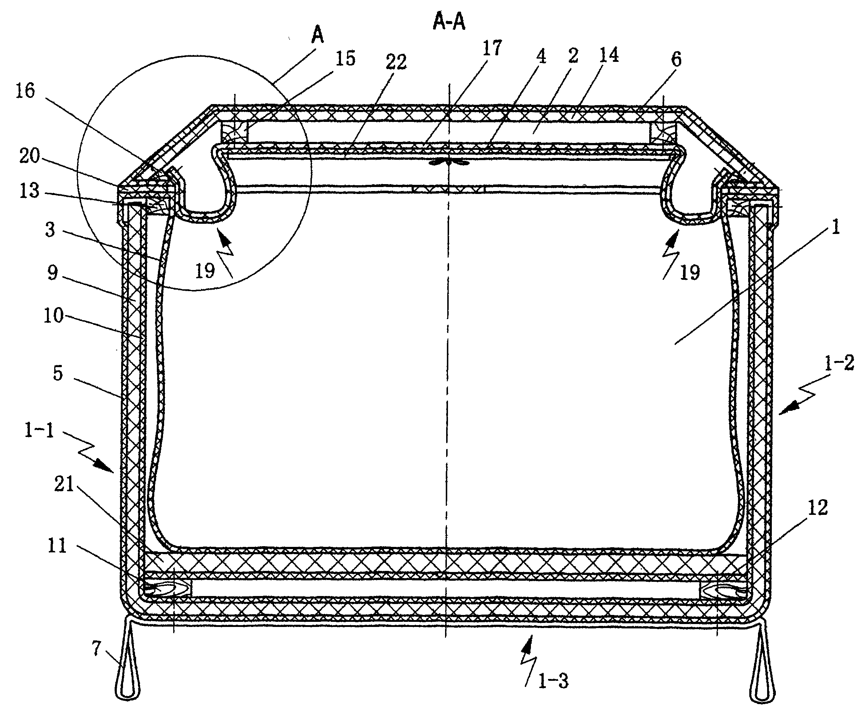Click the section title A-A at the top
(x=449, y=22)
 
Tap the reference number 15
(x=345, y=58)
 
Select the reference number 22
(x=396, y=62)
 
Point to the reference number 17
(x=492, y=48)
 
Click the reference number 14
(x=608, y=55)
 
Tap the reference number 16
(x=25, y=91)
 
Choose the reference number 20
(x=29, y=156)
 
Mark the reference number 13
(x=29, y=191)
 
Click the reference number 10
(x=53, y=316)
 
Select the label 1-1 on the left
(x=39, y=430)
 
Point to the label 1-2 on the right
(x=839, y=363)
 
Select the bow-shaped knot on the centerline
(x=449, y=163)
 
